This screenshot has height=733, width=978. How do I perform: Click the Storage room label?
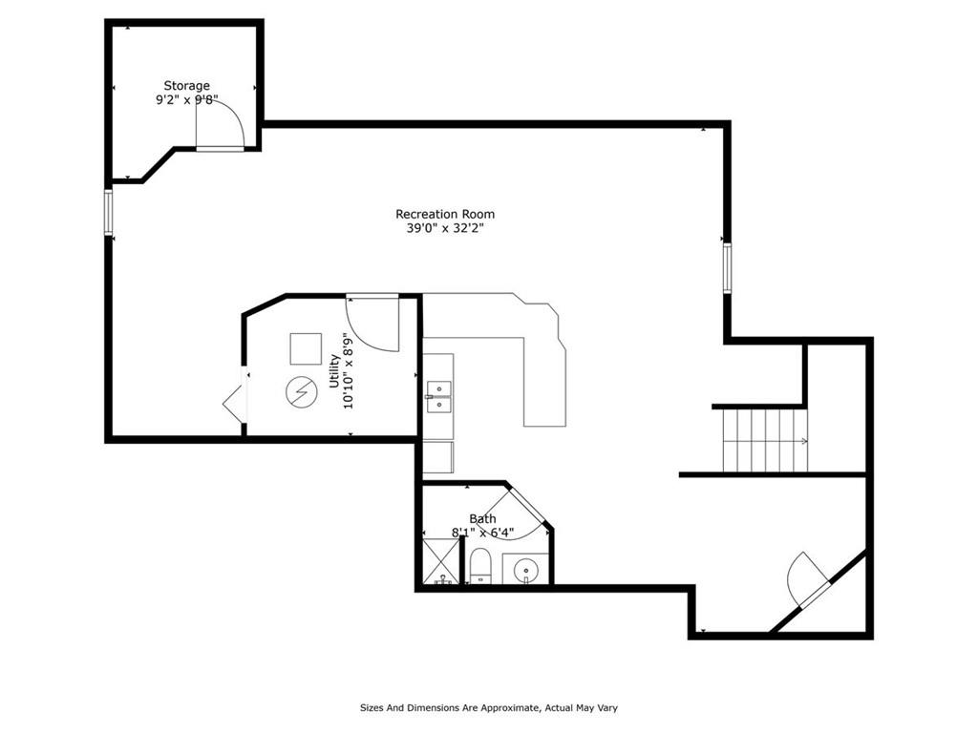click(186, 85)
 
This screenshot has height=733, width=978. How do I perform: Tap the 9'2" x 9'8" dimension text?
click(186, 99)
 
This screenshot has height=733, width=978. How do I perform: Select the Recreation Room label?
click(445, 214)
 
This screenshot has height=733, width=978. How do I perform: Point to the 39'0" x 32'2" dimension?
click(445, 228)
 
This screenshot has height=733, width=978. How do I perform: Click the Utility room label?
click(334, 371)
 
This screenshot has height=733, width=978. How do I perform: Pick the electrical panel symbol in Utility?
click(301, 392)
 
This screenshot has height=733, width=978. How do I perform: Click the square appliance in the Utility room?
click(306, 349)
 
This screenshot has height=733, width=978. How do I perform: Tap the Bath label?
click(482, 518)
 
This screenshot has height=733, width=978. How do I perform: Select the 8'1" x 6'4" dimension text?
click(482, 533)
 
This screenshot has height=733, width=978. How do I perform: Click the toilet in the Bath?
click(480, 566)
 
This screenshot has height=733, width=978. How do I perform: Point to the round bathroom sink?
click(527, 569)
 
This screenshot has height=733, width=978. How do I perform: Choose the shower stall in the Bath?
click(441, 561)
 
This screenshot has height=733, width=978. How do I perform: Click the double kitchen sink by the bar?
click(439, 397)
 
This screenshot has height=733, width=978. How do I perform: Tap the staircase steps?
click(765, 439)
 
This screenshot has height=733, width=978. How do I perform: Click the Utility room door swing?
click(372, 324)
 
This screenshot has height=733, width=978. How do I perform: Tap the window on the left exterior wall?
click(109, 213)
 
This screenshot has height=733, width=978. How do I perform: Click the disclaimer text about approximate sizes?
click(488, 707)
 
